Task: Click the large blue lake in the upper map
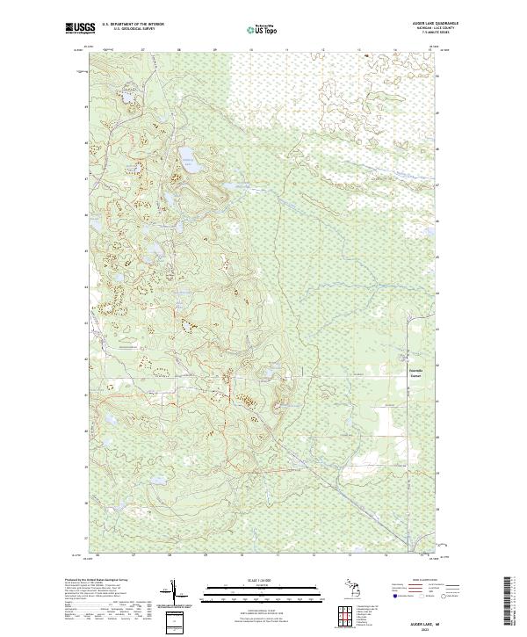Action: (186, 159)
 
